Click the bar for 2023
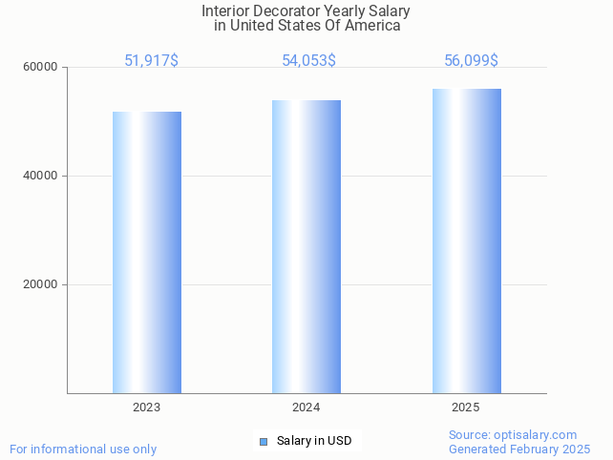click(x=147, y=252)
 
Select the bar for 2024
click(x=306, y=246)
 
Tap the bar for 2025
click(x=466, y=240)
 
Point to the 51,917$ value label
click(x=151, y=61)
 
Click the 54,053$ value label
click(x=308, y=61)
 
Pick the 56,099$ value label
click(x=471, y=61)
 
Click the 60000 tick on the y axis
click(x=40, y=68)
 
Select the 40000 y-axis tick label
click(x=40, y=177)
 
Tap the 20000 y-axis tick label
click(x=40, y=284)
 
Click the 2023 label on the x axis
click(x=147, y=408)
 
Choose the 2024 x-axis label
click(x=306, y=408)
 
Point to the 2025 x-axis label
click(x=466, y=408)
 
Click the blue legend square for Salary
click(x=264, y=441)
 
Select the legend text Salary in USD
click(x=314, y=441)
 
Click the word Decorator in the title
click(x=288, y=10)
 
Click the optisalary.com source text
click(x=513, y=435)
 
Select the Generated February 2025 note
click(x=519, y=450)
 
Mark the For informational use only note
click(x=83, y=450)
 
